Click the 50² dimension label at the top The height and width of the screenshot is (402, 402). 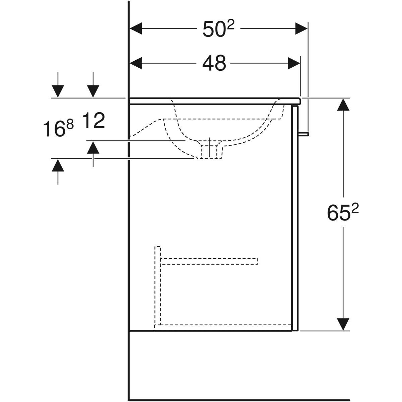218,29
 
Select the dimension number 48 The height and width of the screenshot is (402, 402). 214,63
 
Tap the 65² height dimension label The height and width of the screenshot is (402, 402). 343,212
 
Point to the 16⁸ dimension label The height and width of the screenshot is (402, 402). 58,129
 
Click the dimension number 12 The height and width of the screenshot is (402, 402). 94,121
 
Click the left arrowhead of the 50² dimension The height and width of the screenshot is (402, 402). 136,28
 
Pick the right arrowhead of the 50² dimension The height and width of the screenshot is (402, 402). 301,28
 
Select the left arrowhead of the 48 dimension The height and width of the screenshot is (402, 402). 136,63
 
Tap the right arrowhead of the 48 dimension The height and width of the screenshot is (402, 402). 294,63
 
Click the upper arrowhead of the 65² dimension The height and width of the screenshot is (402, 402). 343,105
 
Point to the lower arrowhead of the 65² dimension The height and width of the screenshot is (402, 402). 343,324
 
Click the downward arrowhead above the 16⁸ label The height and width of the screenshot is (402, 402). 58,91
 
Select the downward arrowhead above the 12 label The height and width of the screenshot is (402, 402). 93,91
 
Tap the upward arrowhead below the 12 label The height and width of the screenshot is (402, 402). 93,147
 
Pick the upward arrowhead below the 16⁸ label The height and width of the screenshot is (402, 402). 58,165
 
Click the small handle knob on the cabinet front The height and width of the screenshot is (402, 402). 304,134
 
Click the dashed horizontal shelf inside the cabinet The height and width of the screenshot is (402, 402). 209,261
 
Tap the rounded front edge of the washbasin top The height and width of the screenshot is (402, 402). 299,101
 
